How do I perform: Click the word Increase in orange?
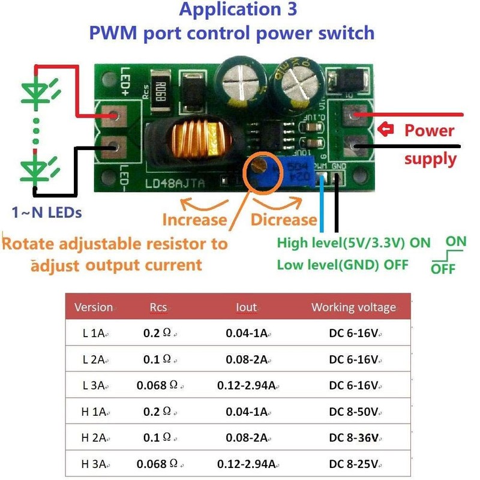194,220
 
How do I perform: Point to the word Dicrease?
283,220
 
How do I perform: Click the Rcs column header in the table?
158,307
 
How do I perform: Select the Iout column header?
246,307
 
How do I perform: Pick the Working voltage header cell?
353,307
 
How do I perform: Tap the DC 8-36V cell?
353,437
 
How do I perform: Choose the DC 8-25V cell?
353,464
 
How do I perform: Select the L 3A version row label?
94,385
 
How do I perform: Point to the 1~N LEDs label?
47,212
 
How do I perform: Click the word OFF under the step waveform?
443,268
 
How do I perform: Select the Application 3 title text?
238,10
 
